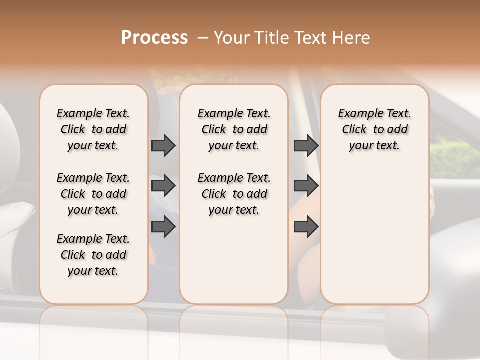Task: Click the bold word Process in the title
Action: point(154,38)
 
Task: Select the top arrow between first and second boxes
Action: point(163,146)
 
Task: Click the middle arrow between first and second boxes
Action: point(163,186)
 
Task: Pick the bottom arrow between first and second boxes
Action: point(163,227)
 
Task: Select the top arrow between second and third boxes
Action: point(306,146)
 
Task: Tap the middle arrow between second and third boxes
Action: point(306,186)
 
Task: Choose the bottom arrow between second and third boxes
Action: point(306,227)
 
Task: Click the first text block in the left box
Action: point(93,129)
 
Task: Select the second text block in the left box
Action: point(93,194)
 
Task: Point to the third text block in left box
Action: point(93,255)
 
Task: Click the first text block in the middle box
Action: point(234,129)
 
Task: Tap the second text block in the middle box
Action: point(234,194)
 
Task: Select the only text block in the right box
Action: point(374,129)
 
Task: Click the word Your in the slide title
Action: point(229,38)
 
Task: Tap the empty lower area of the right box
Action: point(374,240)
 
